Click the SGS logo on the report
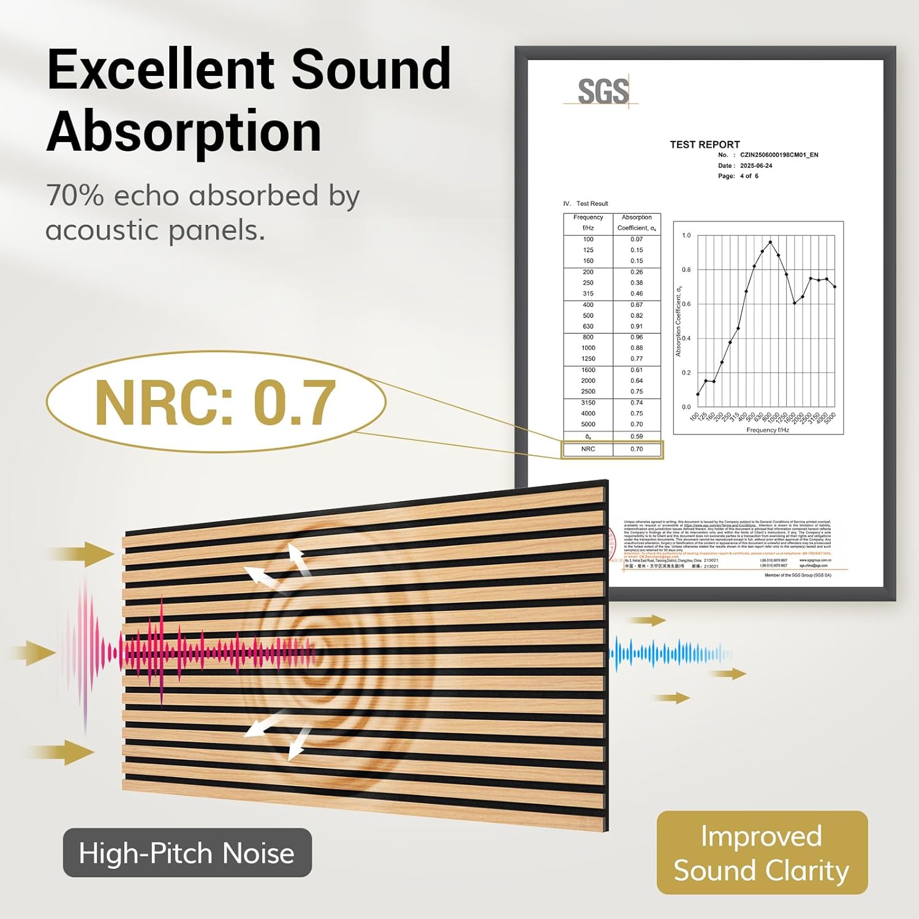602,92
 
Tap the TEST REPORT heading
705,145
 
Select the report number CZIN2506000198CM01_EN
779,155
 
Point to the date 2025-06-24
756,165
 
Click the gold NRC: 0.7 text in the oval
215,403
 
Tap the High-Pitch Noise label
187,853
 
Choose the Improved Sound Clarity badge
762,853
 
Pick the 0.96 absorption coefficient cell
637,337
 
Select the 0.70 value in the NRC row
637,449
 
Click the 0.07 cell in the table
637,240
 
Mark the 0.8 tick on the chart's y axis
686,270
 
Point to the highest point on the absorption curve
770,242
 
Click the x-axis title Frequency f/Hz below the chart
767,430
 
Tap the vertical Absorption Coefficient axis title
678,321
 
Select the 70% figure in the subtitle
75,196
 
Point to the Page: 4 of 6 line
738,176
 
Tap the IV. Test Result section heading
586,203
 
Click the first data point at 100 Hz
698,394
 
